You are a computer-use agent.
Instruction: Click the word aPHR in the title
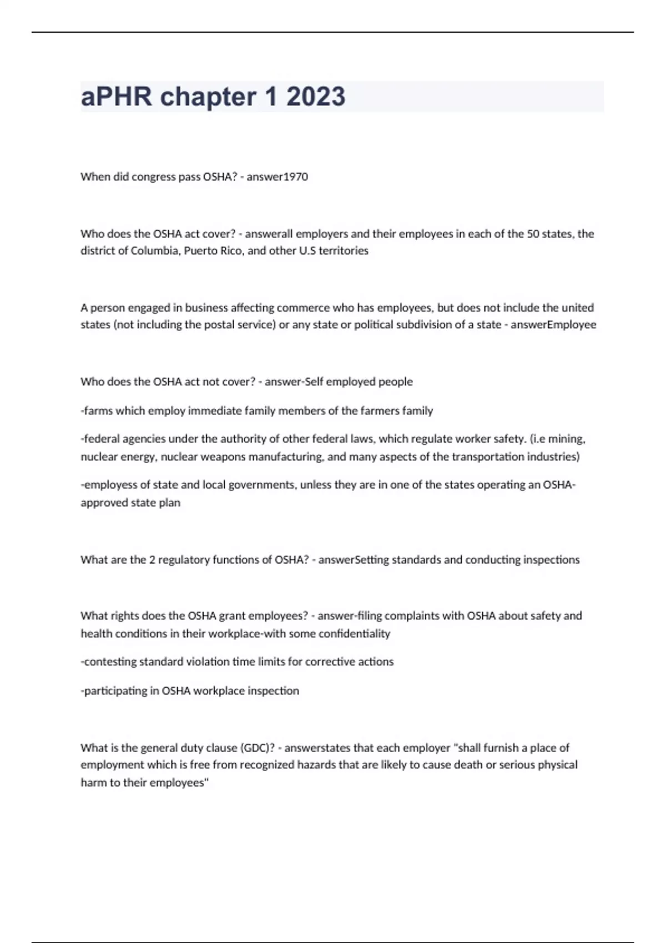click(x=116, y=97)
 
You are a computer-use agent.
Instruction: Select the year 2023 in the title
click(x=316, y=97)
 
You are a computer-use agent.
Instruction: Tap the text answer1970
click(x=277, y=176)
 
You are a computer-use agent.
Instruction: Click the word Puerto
click(x=202, y=251)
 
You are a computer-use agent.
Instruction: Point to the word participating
click(x=116, y=691)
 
